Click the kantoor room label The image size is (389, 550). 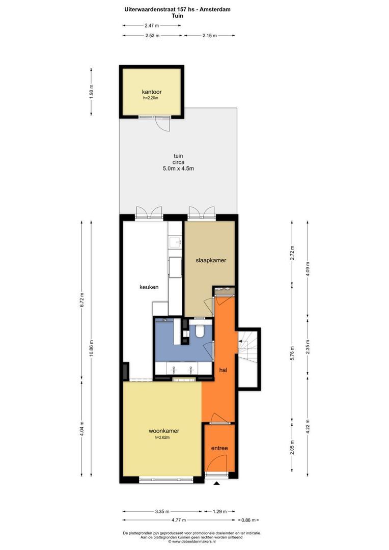(x=152, y=92)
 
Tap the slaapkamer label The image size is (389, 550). (x=211, y=260)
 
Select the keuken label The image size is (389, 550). (x=149, y=287)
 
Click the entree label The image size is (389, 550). (x=219, y=448)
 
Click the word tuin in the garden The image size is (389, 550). (x=178, y=156)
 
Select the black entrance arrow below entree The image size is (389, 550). (x=216, y=484)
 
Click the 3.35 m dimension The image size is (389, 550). (x=161, y=511)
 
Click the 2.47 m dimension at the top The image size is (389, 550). (x=151, y=25)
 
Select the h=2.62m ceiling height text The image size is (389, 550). (x=161, y=437)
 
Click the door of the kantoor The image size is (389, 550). (x=161, y=122)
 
